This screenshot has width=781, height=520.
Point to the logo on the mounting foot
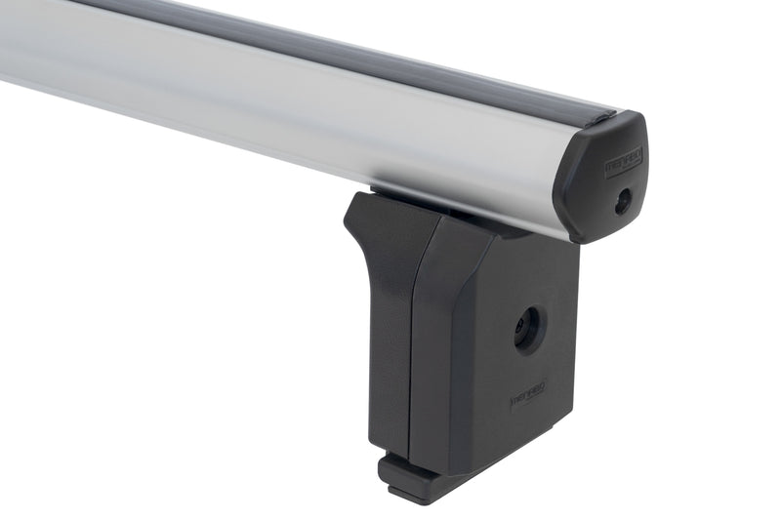527,398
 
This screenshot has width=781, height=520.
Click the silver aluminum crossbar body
293,107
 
